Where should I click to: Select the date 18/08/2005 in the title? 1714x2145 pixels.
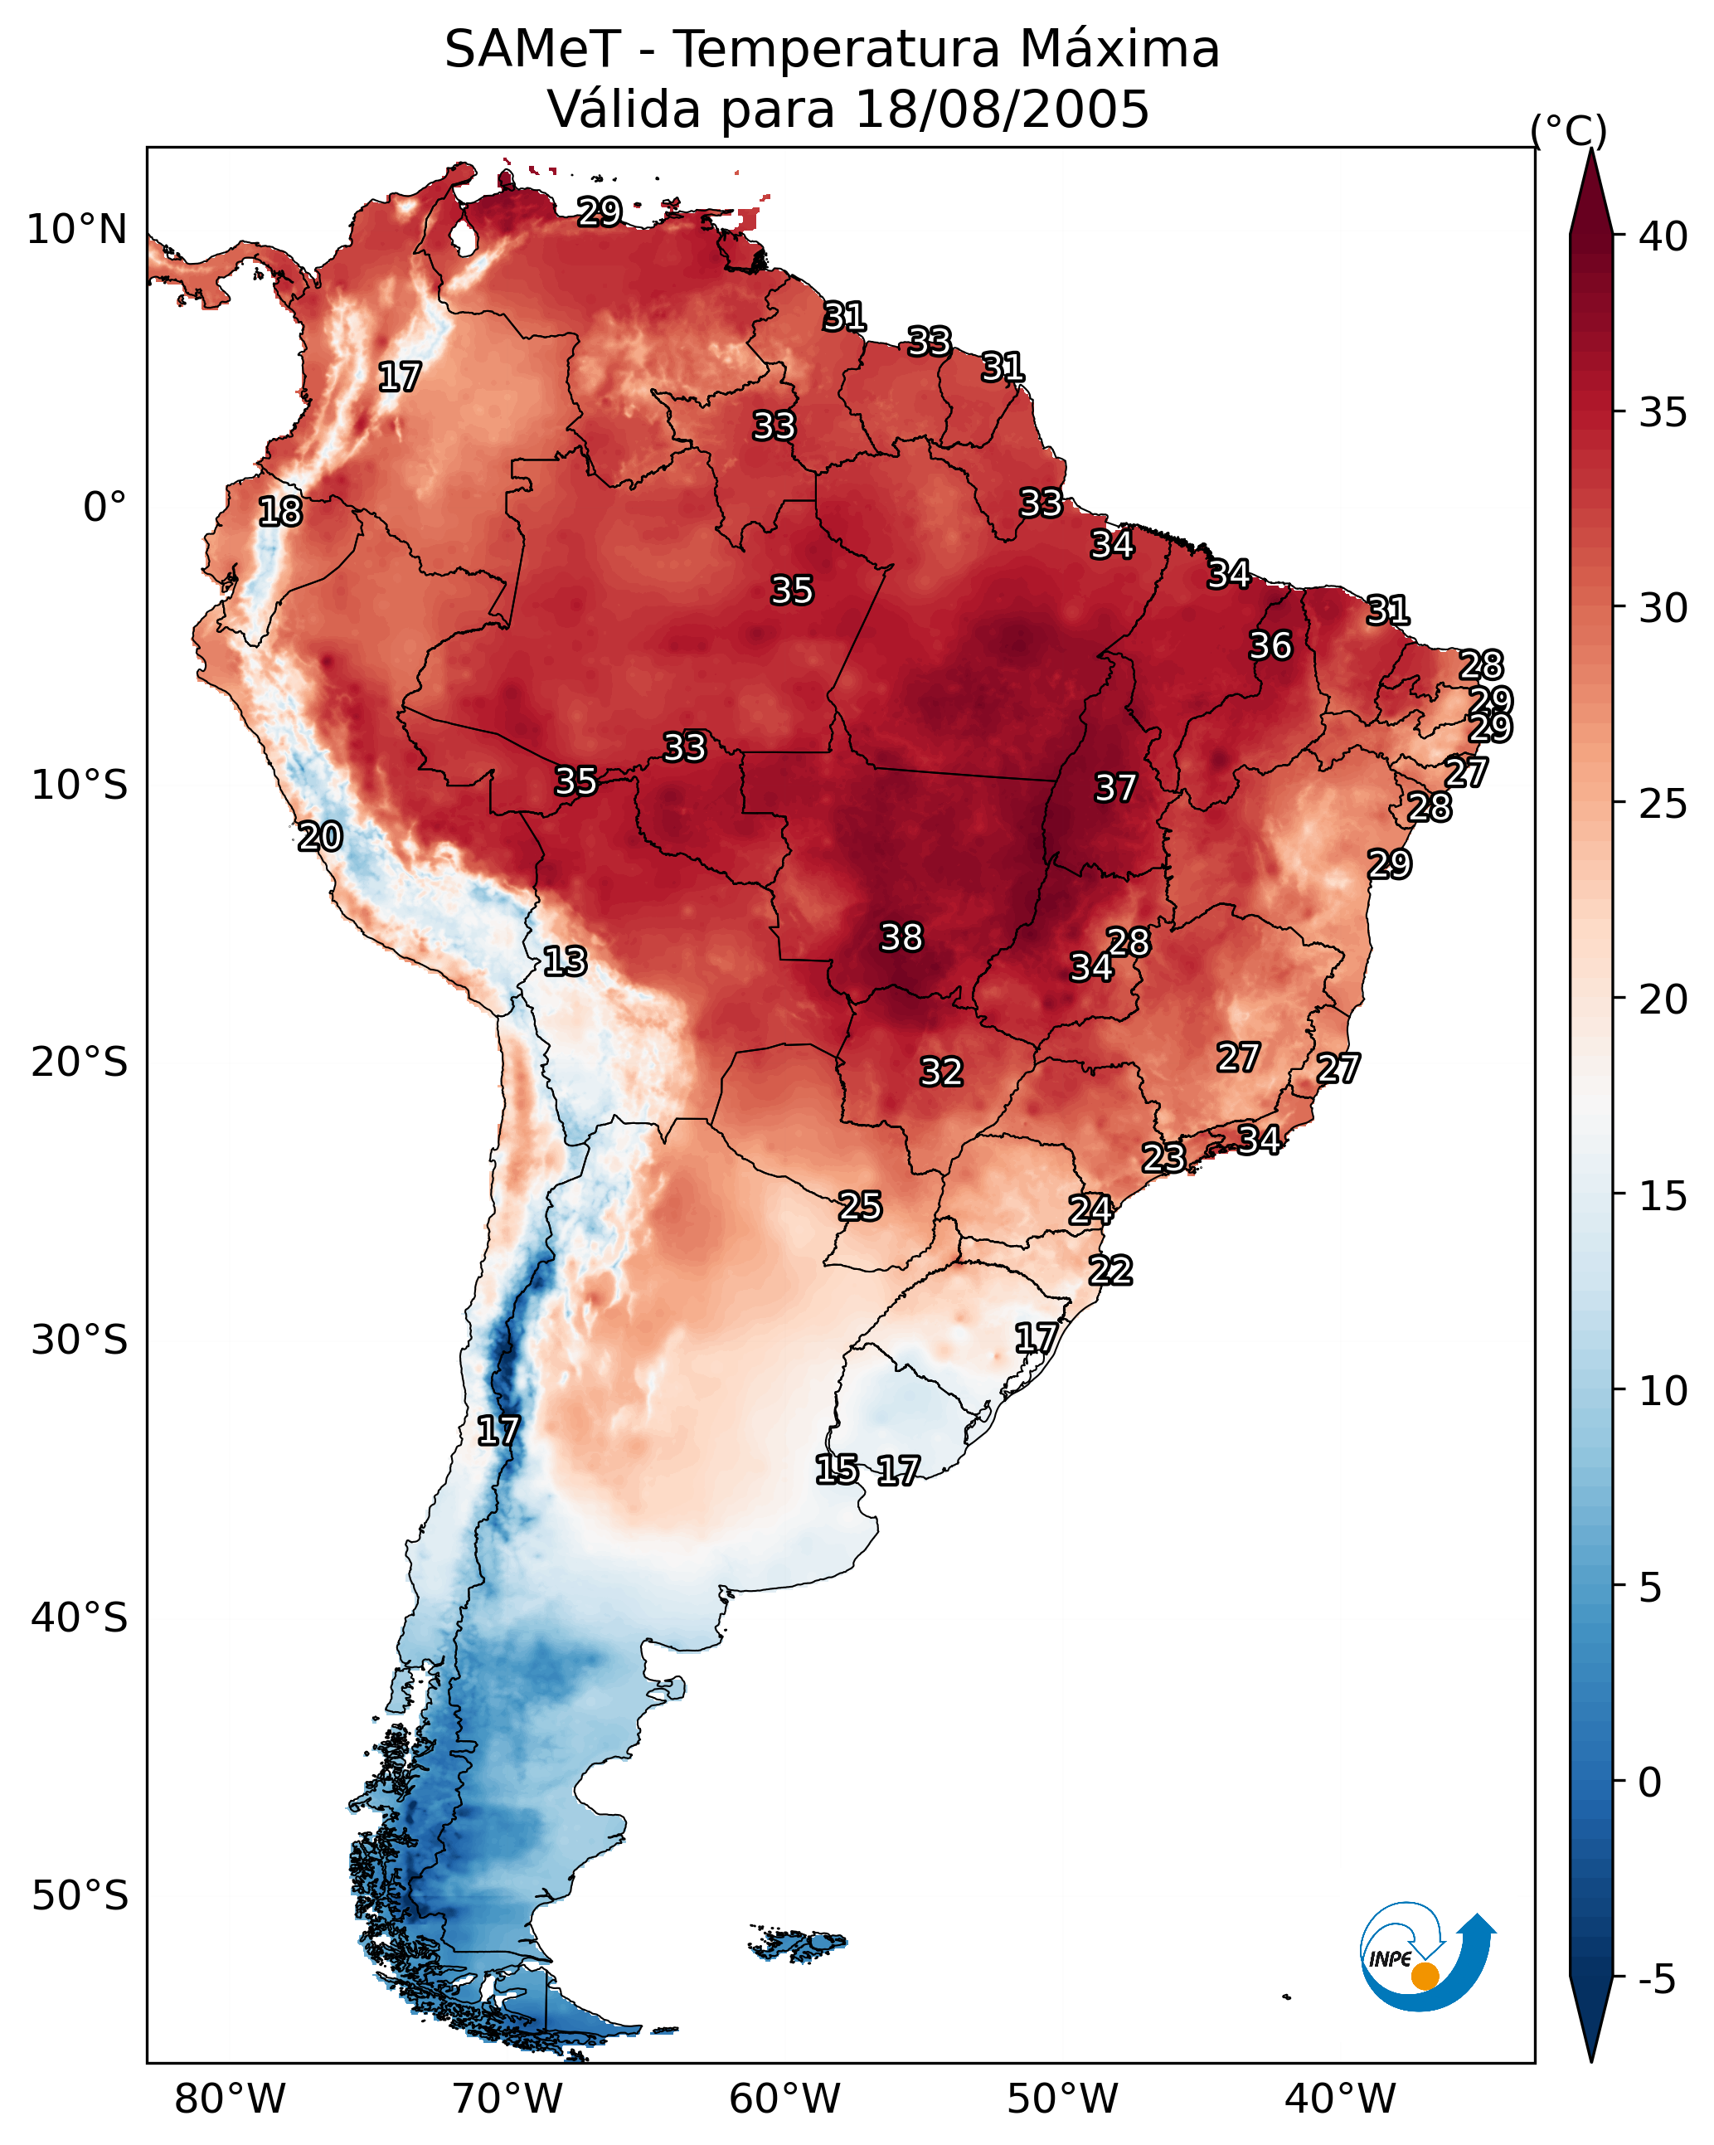pos(1001,109)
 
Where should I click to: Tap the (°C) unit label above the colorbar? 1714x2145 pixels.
pos(1568,130)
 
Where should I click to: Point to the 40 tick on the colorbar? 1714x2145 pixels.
pos(1663,236)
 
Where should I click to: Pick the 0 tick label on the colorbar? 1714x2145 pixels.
pos(1649,1782)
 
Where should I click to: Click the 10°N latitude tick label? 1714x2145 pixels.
pos(76,230)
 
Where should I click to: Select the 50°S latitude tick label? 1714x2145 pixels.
pos(80,1895)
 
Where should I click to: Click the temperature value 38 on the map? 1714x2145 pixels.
pos(901,937)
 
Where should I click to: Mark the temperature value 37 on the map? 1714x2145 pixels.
pos(1115,788)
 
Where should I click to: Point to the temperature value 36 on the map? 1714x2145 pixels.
pos(1270,645)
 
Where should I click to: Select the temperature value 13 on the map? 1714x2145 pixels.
pos(565,961)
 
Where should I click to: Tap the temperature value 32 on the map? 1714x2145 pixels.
pos(941,1072)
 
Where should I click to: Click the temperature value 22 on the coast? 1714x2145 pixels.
pos(1110,1271)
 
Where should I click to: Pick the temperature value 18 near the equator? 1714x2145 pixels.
pos(280,512)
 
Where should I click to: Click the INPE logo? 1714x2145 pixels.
pos(1425,1955)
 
